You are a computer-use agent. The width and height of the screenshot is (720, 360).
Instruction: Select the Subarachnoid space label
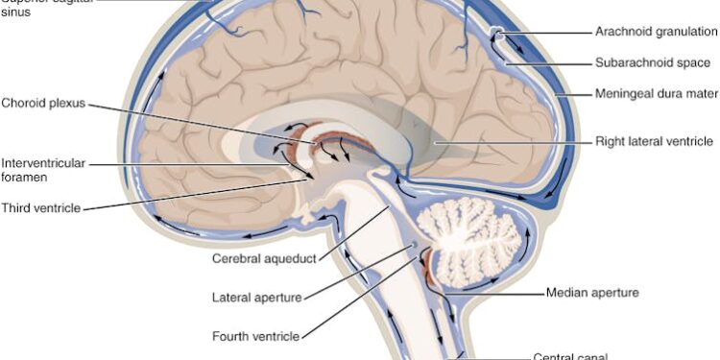(x=653, y=63)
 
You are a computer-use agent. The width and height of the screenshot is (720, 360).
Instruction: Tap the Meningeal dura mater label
(x=655, y=96)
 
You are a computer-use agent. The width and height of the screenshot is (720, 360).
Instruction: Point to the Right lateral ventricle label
(x=654, y=141)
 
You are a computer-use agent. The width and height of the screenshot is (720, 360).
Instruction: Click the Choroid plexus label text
(x=44, y=102)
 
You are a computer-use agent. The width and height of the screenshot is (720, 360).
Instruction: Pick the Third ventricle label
(x=41, y=206)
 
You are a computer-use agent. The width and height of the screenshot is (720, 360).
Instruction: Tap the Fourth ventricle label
(x=255, y=336)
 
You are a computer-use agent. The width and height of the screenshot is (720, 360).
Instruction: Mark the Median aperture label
(x=592, y=291)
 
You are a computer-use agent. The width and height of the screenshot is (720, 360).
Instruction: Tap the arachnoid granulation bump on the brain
(x=496, y=35)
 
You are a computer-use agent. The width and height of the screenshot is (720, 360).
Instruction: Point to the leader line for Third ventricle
(x=192, y=193)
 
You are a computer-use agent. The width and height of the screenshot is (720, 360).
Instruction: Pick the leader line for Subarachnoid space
(x=547, y=63)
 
